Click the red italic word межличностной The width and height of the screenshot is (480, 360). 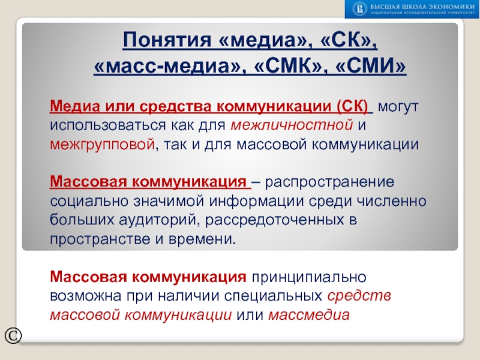click(x=290, y=126)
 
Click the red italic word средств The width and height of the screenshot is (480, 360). click(x=359, y=296)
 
